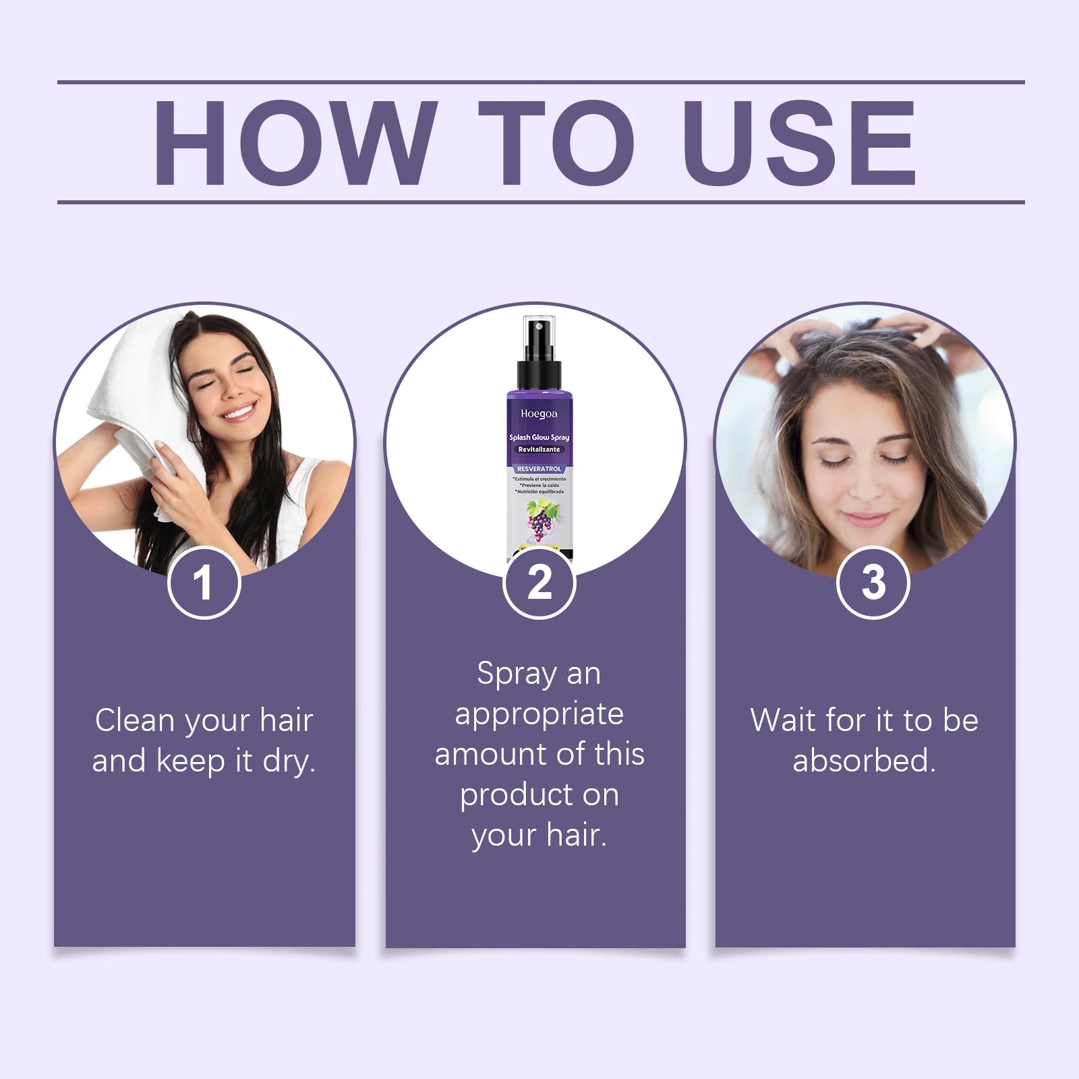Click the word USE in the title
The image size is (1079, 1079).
[799, 143]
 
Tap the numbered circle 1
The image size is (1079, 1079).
[204, 583]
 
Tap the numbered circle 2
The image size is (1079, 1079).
[539, 583]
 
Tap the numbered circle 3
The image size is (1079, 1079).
[873, 583]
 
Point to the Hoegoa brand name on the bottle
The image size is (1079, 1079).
[539, 414]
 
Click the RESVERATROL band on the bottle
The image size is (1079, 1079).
[539, 469]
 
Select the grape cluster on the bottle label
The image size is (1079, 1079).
[538, 523]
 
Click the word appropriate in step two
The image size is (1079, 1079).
[539, 715]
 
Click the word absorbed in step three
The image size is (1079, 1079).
[863, 761]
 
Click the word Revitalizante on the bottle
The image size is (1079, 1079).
[539, 449]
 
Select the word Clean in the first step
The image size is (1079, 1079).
[135, 720]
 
